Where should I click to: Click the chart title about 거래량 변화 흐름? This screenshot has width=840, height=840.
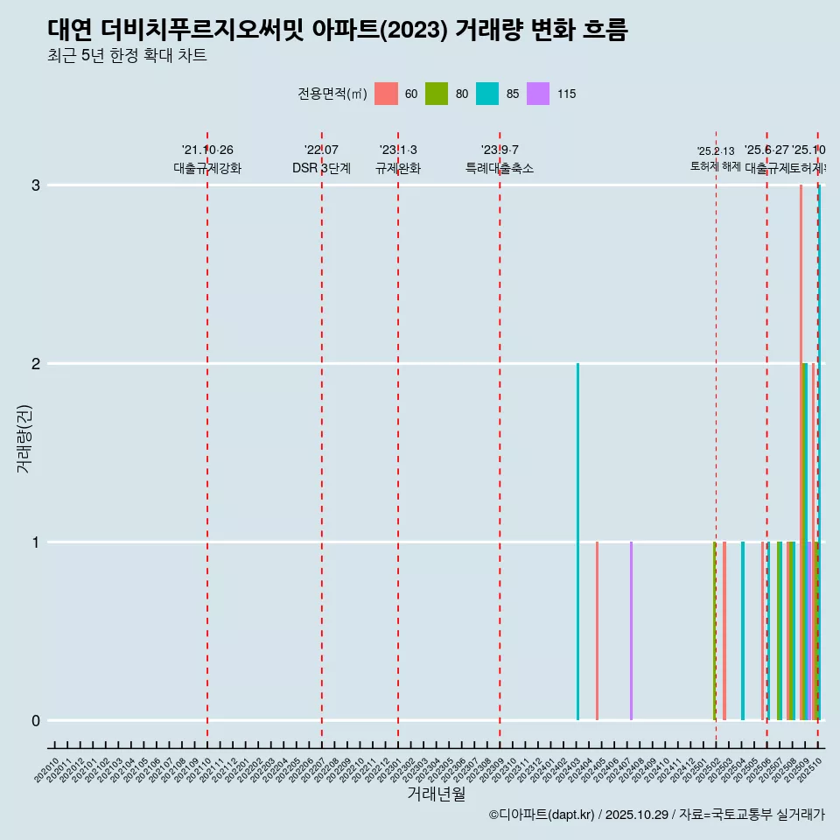point(337,30)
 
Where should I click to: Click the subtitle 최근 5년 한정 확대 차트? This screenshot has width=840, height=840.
point(127,56)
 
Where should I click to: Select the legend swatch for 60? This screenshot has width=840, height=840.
point(386,94)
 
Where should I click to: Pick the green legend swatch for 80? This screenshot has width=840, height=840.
point(437,94)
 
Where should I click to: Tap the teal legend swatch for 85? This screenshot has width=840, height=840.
point(487,94)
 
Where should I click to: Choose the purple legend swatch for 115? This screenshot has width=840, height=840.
point(538,94)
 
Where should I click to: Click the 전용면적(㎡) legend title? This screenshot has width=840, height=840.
point(332,94)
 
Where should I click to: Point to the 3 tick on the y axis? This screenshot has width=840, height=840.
point(36,185)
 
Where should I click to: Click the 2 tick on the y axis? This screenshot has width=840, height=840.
point(36,363)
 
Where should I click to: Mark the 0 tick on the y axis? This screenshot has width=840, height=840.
point(36,720)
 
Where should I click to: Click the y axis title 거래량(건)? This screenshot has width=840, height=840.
point(24,437)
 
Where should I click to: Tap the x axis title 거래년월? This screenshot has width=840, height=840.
point(436,794)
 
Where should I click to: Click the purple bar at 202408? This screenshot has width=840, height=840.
point(631,631)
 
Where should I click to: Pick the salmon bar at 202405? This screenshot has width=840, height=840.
point(597,631)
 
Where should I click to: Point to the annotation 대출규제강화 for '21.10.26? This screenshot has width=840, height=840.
point(207,168)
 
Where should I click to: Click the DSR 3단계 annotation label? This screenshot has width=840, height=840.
point(322,168)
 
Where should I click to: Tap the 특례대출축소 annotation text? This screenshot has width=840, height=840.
point(500,168)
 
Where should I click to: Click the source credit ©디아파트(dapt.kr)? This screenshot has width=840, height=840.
point(542,815)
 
